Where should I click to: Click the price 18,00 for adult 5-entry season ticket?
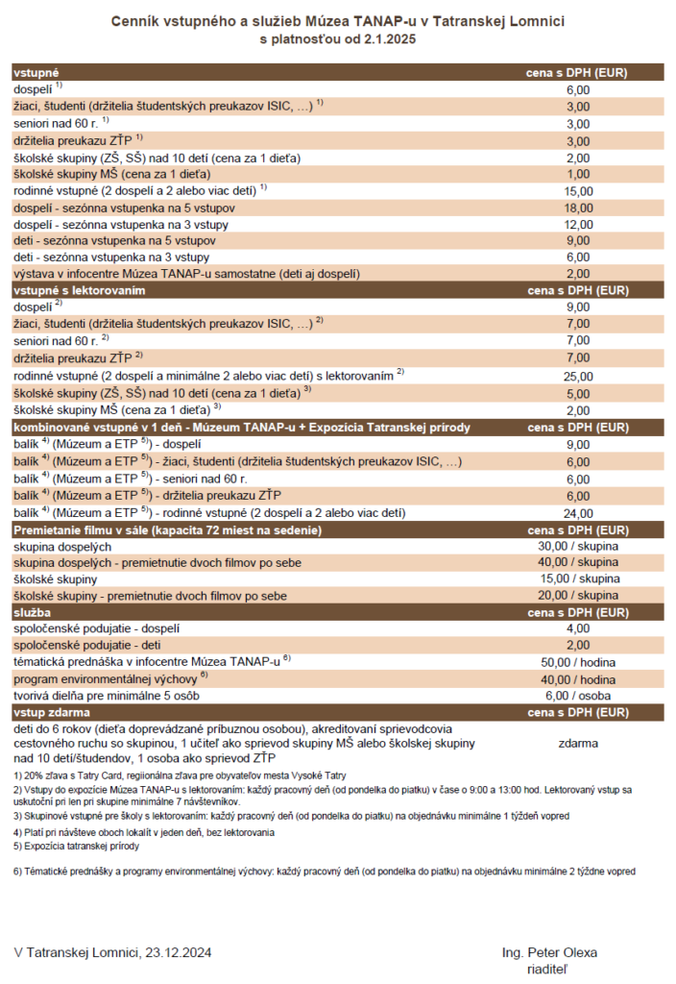(576, 208)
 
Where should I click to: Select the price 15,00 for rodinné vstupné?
(576, 191)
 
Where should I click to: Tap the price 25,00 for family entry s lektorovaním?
(576, 376)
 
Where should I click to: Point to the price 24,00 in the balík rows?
(576, 512)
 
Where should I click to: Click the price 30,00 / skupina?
(576, 546)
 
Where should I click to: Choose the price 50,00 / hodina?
(576, 662)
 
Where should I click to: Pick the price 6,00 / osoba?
(576, 695)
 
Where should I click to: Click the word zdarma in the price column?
(578, 743)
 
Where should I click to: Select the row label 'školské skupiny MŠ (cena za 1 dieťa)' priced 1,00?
(111, 174)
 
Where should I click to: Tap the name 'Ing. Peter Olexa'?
(549, 952)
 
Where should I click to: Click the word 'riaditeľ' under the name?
(549, 968)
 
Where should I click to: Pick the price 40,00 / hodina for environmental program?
(576, 678)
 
